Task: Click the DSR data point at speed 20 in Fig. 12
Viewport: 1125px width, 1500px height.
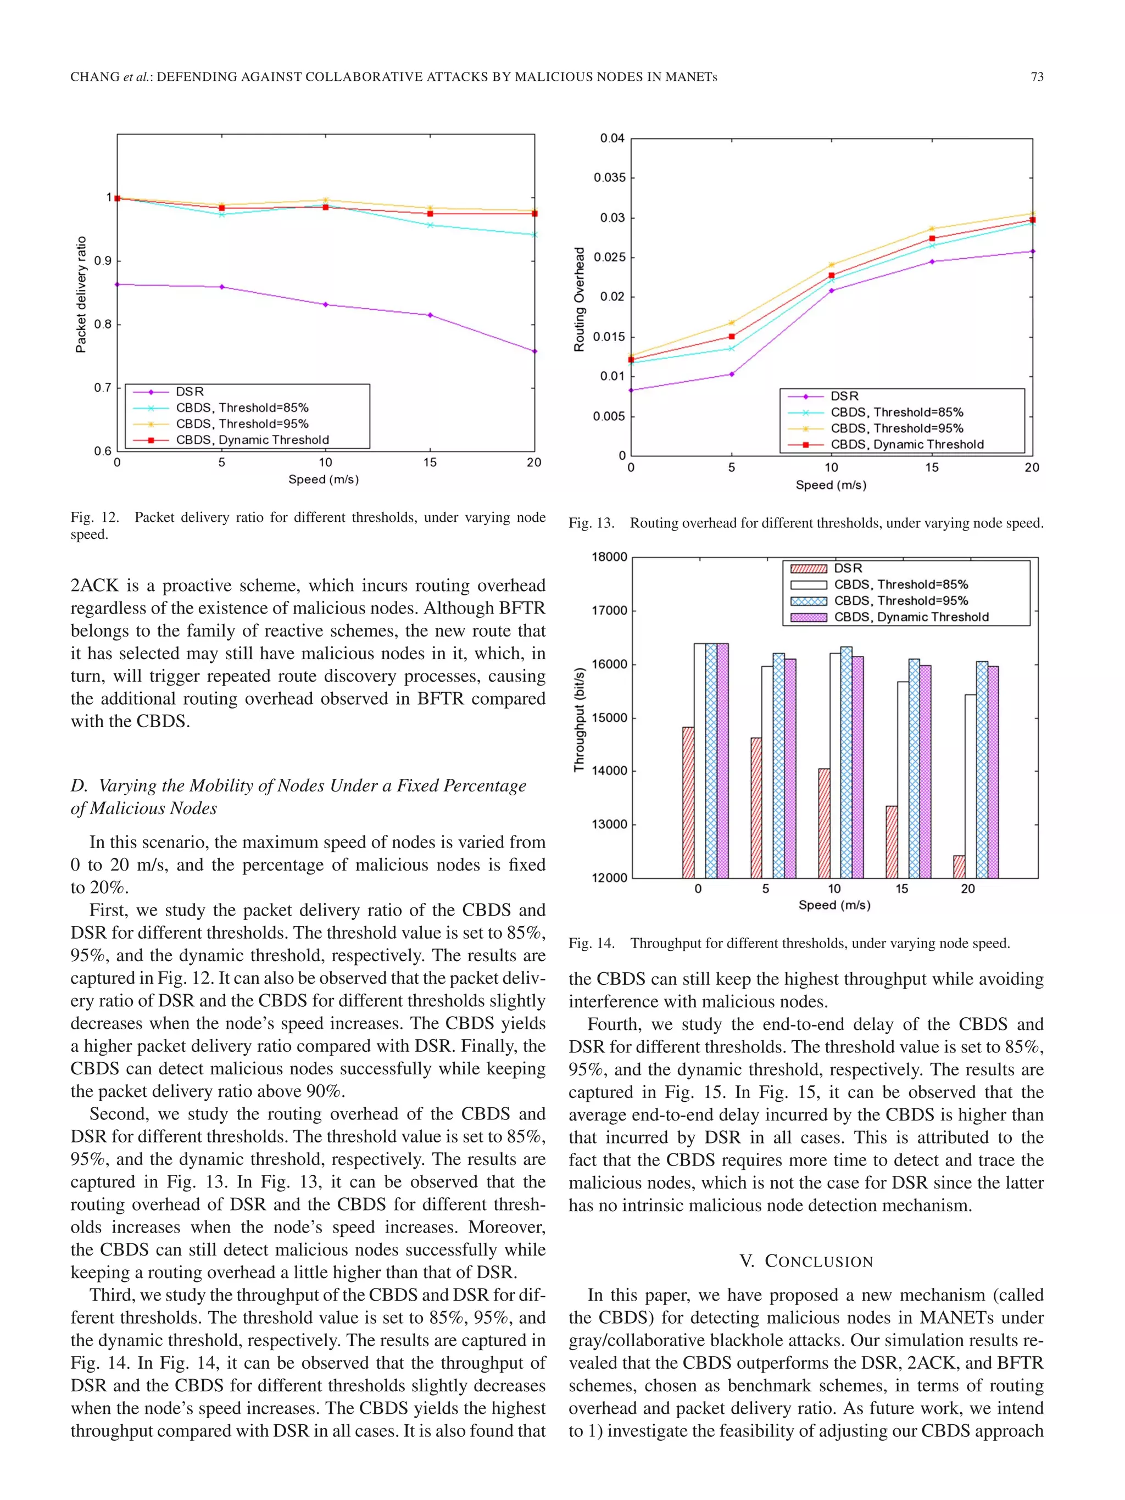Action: tap(534, 352)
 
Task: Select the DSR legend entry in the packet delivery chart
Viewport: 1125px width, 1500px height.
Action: tap(189, 391)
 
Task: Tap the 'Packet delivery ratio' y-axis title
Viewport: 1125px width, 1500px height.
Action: tap(81, 294)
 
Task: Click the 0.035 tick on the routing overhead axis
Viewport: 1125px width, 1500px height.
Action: tap(609, 177)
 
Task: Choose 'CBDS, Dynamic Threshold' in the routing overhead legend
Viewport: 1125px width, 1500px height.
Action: tap(906, 444)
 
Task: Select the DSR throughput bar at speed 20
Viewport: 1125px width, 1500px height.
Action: tap(959, 867)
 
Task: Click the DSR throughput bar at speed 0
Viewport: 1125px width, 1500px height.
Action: tap(688, 802)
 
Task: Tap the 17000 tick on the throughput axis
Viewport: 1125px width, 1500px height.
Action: tap(609, 610)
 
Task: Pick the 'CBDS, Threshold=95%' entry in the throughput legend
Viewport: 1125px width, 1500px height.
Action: tap(900, 601)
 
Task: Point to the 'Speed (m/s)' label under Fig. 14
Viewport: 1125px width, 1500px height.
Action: tap(834, 905)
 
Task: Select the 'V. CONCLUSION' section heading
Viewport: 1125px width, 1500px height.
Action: tap(806, 1261)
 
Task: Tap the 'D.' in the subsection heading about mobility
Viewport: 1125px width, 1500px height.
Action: tap(79, 785)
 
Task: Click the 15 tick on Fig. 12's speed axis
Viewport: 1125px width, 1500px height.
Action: tap(430, 462)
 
